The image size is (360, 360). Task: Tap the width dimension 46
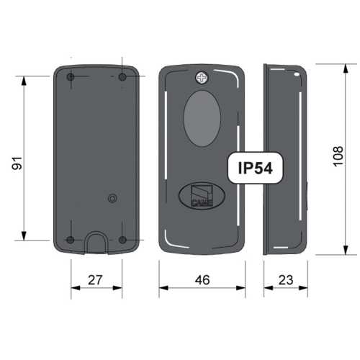(202, 280)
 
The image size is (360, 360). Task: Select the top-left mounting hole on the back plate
(70, 77)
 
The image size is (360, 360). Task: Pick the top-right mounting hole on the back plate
(122, 77)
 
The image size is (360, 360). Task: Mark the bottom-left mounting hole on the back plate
(70, 240)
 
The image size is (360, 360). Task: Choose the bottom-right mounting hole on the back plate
(122, 240)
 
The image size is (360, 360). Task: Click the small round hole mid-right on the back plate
(111, 198)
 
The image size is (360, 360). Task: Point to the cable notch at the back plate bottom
(96, 243)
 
